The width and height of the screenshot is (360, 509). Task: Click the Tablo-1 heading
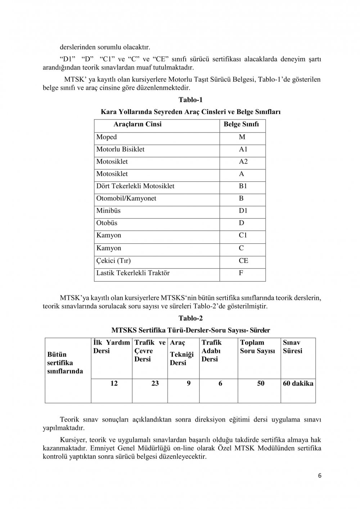tap(190, 100)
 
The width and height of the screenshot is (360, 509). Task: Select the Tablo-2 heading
tap(190, 318)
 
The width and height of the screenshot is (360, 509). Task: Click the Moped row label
tap(107, 137)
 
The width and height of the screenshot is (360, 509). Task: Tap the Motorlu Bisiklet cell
tap(120, 149)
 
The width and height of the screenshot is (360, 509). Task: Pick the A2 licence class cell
tap(243, 162)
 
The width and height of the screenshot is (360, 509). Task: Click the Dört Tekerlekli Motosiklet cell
tap(135, 186)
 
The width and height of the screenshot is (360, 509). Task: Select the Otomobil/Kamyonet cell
tap(126, 198)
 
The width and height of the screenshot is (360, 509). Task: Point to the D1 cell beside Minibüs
tap(243, 211)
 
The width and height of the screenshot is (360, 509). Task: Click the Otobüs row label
tap(107, 223)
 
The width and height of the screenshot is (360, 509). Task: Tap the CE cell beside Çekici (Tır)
tap(243, 261)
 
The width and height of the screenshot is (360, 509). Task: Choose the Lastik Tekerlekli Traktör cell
tap(133, 273)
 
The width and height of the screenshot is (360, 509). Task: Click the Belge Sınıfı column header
tap(241, 124)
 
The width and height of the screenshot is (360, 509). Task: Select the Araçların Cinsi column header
tap(138, 124)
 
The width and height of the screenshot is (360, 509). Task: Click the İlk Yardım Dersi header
tap(111, 347)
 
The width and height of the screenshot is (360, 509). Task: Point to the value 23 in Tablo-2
tap(155, 383)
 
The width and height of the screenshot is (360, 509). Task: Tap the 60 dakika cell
tap(298, 383)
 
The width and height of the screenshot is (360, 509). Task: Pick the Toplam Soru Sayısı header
tap(258, 347)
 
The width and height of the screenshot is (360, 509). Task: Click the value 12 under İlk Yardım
tap(114, 383)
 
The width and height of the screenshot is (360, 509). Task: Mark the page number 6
tap(320, 475)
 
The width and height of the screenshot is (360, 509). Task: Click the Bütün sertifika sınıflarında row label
tap(65, 363)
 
